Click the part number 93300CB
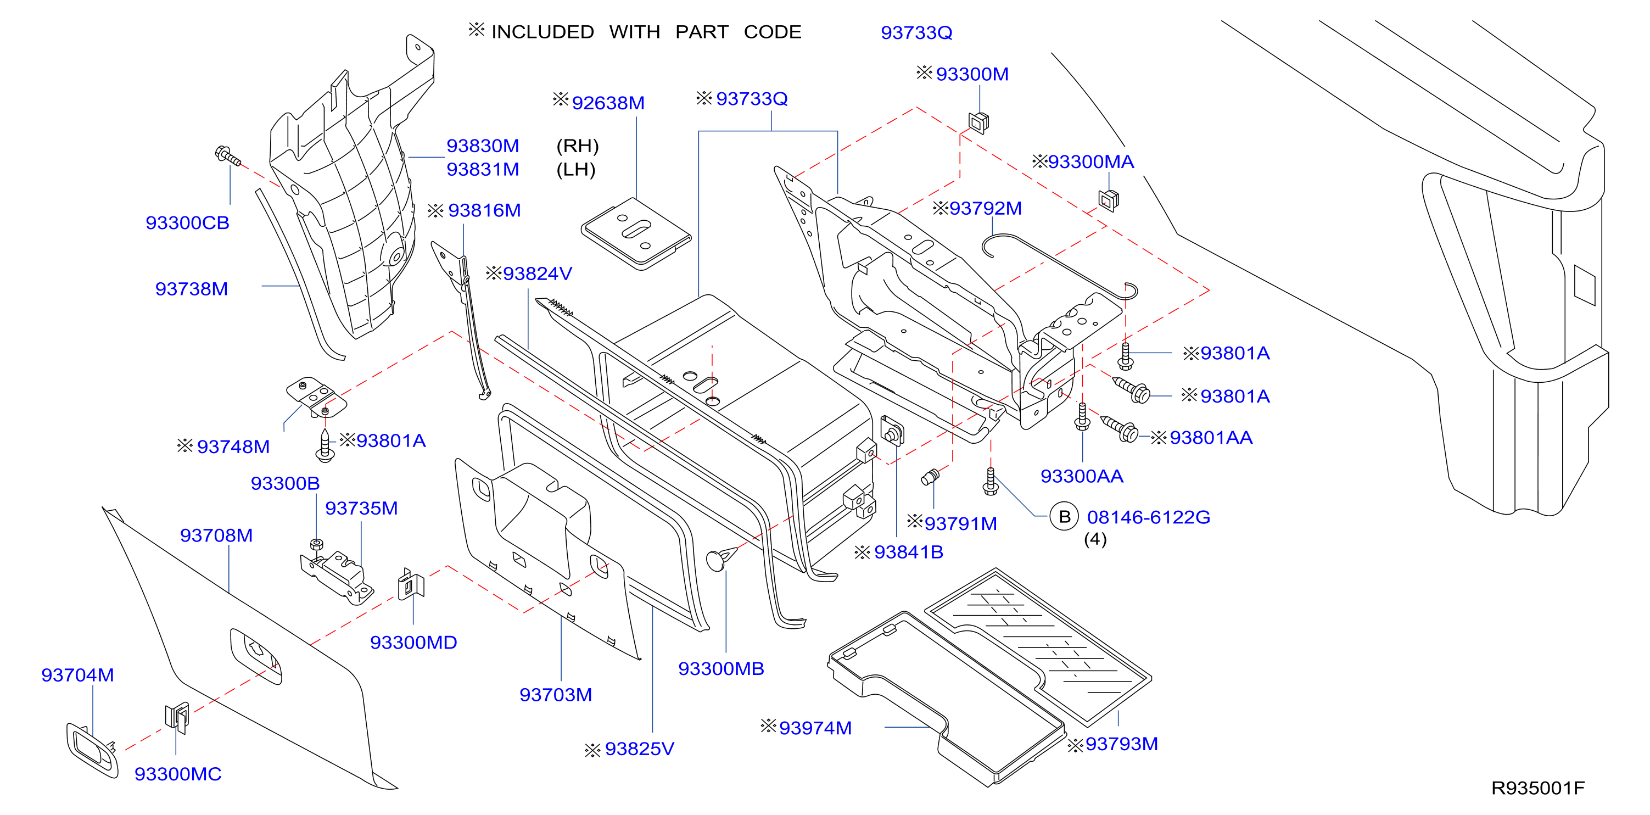point(187,223)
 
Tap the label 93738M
point(192,289)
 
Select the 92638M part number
point(608,103)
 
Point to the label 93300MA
point(1091,161)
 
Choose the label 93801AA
point(1211,438)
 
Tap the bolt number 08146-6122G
point(1149,517)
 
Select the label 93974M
point(815,728)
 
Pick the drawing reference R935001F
point(1538,788)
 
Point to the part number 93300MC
point(178,774)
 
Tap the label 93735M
point(361,508)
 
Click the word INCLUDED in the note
point(542,32)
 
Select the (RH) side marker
point(577,146)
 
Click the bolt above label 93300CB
point(228,157)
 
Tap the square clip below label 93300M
point(978,122)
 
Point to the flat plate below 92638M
point(636,234)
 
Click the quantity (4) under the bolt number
point(1095,539)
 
